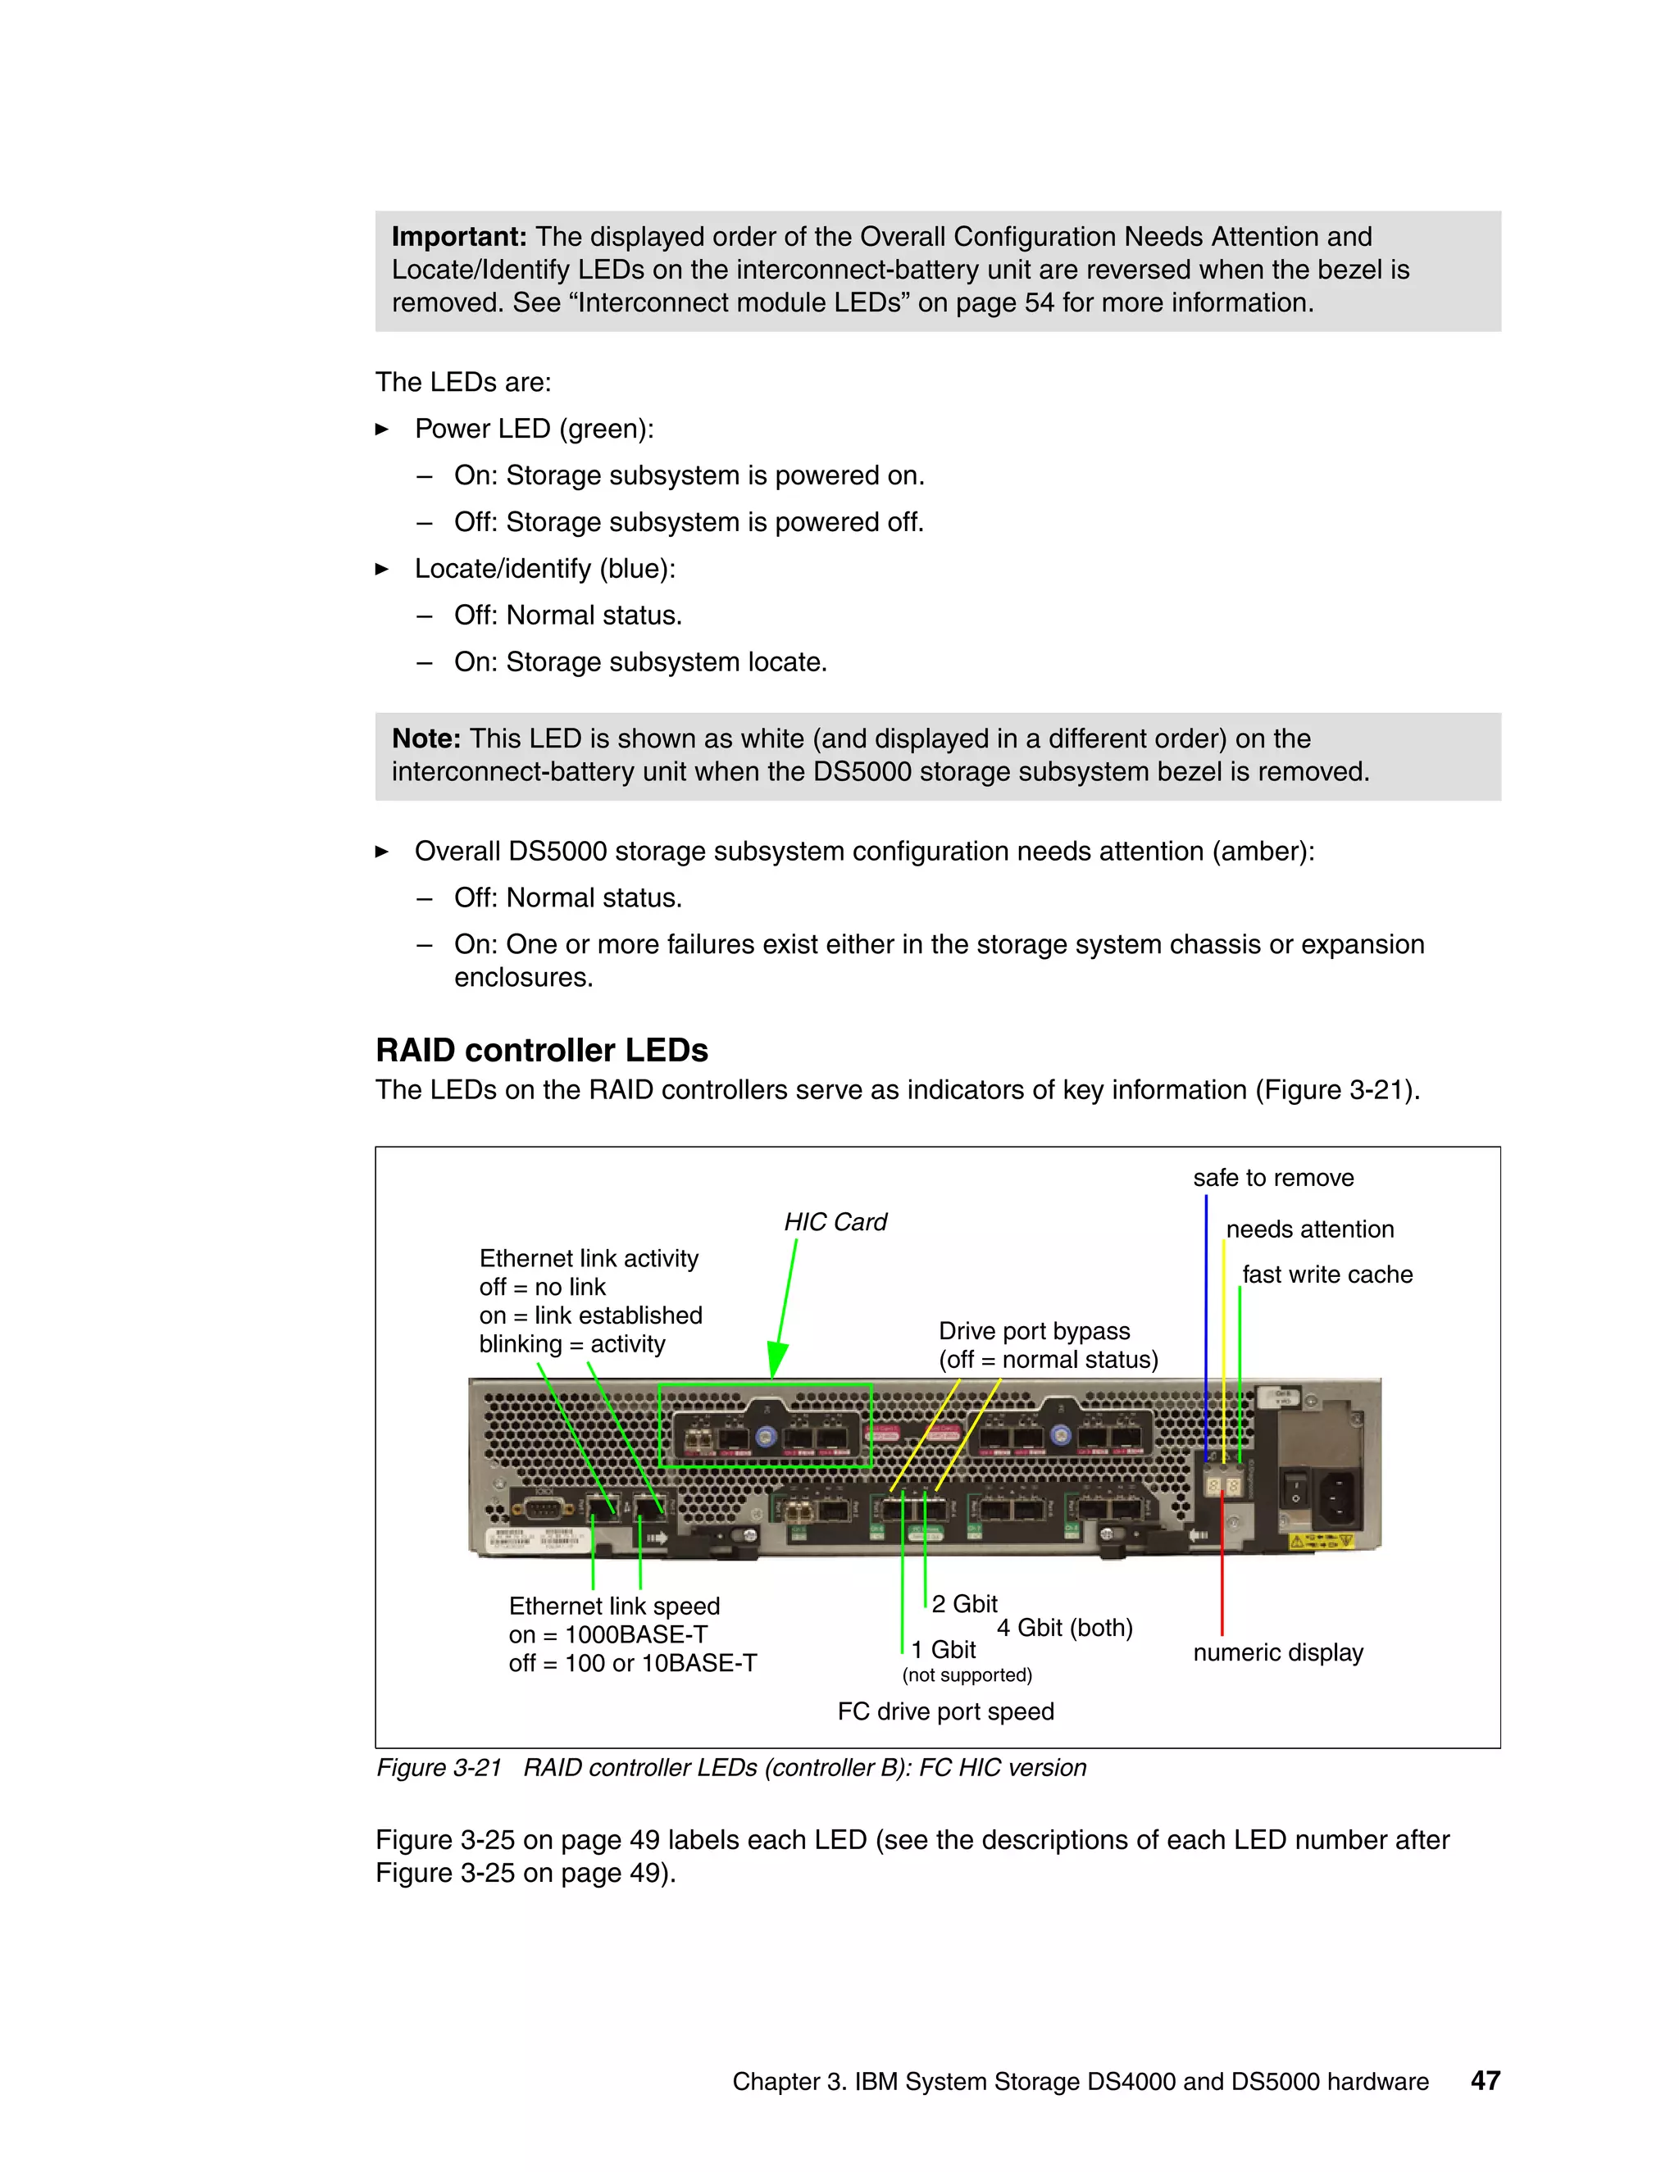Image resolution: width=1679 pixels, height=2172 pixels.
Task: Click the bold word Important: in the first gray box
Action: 458,237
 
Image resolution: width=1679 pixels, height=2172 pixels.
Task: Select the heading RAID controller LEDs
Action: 541,1050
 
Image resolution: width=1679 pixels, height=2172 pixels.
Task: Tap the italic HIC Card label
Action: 835,1221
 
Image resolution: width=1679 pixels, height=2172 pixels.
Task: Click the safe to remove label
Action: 1273,1178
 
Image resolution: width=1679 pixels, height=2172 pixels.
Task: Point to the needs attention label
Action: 1309,1229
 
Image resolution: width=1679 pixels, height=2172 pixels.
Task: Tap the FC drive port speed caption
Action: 945,1711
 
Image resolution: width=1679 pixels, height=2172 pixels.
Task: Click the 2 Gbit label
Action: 964,1603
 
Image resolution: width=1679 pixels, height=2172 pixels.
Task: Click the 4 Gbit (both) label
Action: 1064,1627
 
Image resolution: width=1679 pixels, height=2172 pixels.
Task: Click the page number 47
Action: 1485,2080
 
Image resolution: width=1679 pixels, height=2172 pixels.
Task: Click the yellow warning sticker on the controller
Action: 1321,1542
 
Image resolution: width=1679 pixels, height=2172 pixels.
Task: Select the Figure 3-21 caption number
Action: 439,1767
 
